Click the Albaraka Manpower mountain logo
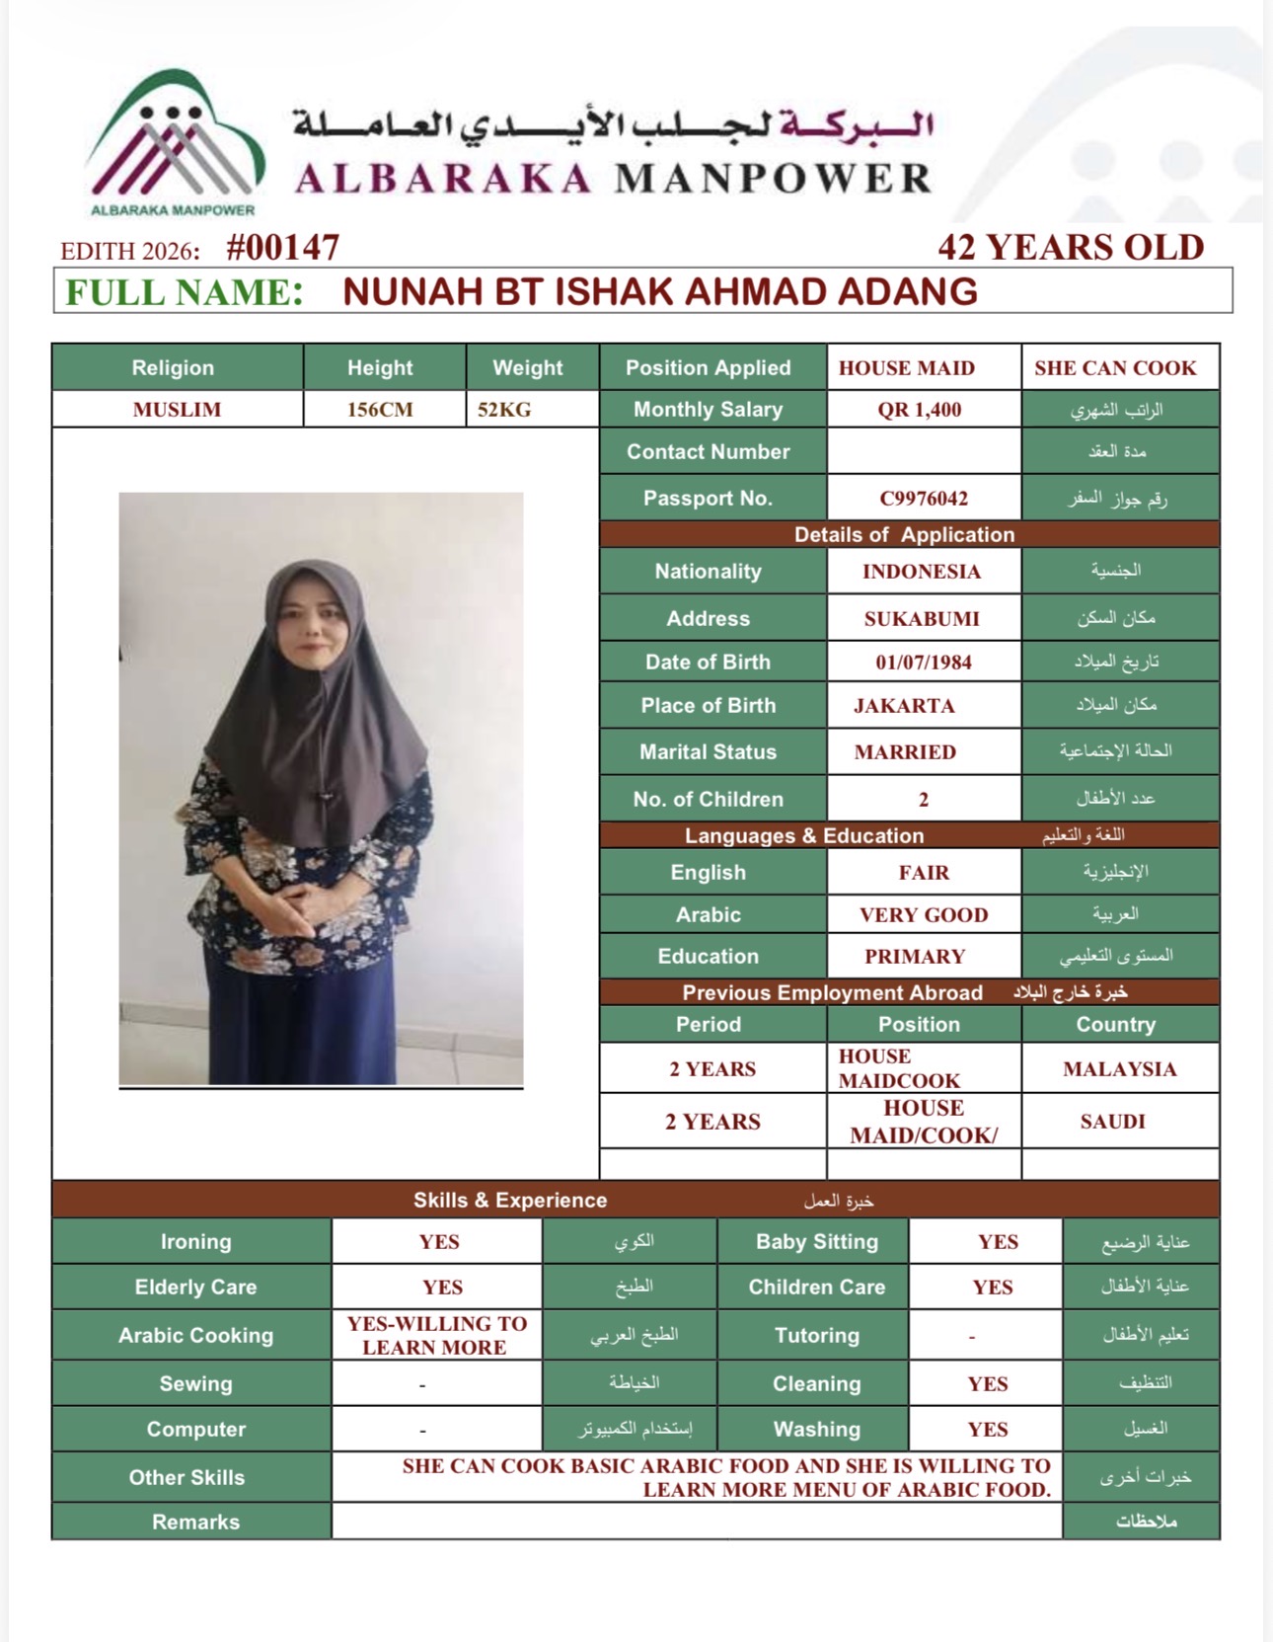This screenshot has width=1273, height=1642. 174,138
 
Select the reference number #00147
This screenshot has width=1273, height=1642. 283,247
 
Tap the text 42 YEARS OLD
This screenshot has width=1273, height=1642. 1071,247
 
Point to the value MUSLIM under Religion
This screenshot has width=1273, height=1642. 177,410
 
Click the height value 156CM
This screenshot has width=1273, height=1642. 380,410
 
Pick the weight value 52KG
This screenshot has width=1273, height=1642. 504,410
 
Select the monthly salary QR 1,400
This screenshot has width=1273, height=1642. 920,410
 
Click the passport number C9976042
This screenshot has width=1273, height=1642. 924,499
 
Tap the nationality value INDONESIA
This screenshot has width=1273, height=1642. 922,572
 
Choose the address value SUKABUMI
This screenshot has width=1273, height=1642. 922,619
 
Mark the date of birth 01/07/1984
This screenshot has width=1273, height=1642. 924,663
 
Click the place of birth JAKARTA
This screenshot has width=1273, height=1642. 904,706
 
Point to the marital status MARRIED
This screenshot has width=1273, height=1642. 905,752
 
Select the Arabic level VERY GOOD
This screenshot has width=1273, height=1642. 924,915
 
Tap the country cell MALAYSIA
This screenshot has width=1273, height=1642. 1120,1069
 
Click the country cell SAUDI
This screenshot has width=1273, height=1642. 1113,1122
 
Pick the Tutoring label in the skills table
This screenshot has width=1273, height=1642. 817,1336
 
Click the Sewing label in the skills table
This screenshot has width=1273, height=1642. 195,1384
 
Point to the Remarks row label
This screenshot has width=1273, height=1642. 195,1523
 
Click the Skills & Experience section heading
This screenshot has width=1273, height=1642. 510,1201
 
